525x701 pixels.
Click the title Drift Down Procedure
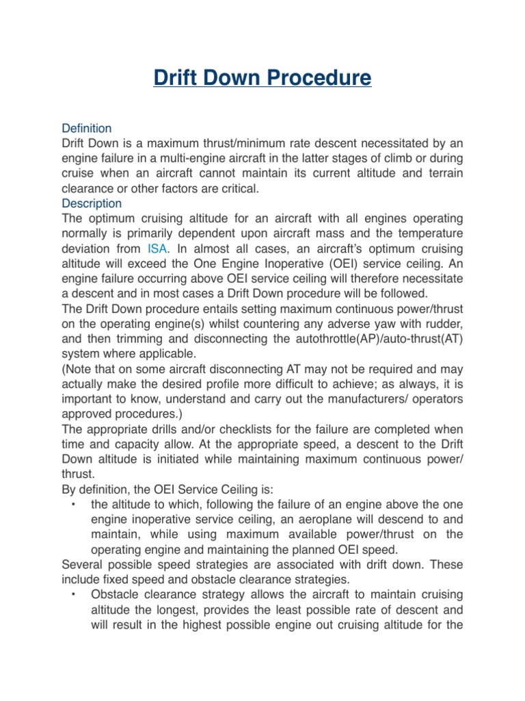[x=262, y=77]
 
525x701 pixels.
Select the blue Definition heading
[x=87, y=128]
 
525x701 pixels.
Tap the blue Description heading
[x=92, y=203]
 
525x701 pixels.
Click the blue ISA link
[x=158, y=248]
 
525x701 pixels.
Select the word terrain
[x=444, y=173]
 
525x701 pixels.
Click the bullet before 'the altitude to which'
[x=72, y=505]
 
